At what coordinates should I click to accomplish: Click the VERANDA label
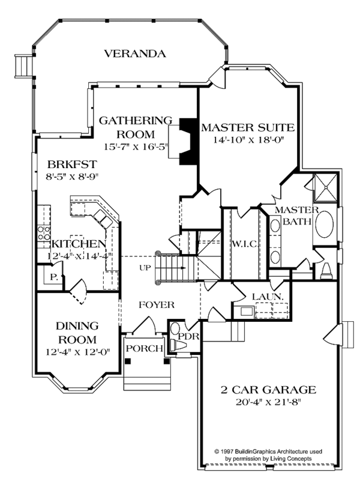click(134, 53)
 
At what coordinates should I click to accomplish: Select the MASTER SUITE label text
click(247, 127)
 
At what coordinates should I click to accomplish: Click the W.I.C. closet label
click(244, 244)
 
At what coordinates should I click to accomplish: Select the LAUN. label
click(267, 297)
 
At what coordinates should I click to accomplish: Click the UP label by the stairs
click(144, 268)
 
